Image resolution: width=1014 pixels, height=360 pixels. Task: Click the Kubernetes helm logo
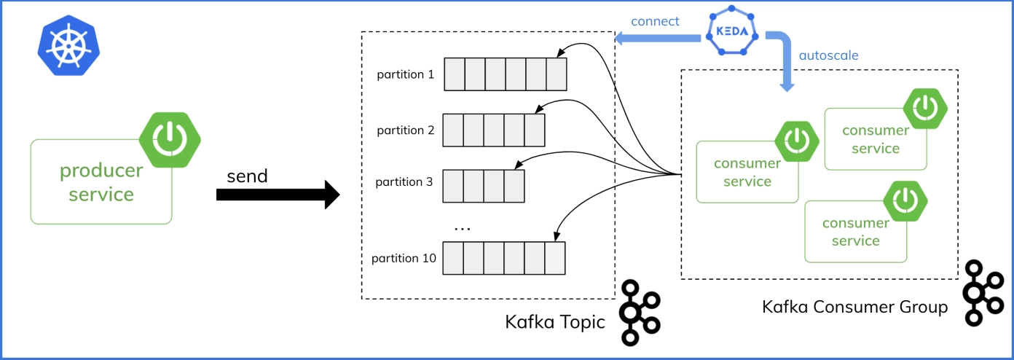tap(68, 45)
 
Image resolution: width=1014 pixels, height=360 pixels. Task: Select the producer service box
tap(101, 181)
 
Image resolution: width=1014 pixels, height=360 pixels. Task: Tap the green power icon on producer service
tap(170, 140)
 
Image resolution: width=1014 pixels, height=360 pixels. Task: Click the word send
tap(247, 176)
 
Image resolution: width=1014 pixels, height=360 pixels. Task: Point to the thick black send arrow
tap(278, 195)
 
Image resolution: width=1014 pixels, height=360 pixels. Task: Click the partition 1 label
tap(405, 74)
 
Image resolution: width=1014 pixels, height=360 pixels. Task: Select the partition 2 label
tap(405, 130)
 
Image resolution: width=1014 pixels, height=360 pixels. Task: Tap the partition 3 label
tap(404, 182)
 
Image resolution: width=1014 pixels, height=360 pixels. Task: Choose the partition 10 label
tap(404, 258)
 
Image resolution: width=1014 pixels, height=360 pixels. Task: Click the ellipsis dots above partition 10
tap(462, 229)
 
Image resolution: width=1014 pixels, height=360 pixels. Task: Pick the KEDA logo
tap(732, 31)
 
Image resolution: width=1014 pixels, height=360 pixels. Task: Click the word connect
tap(655, 21)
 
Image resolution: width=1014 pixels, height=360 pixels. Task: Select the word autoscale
tap(828, 55)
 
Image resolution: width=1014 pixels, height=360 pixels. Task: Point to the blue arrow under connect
tap(658, 39)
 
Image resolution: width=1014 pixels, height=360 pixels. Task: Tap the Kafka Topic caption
tap(555, 322)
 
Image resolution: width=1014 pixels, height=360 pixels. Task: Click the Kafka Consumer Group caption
tap(854, 307)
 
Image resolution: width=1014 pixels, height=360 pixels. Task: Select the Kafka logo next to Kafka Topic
tap(640, 313)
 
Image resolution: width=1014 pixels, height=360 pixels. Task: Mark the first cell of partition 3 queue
tap(452, 186)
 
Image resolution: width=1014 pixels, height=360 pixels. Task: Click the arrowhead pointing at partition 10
tap(557, 236)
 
